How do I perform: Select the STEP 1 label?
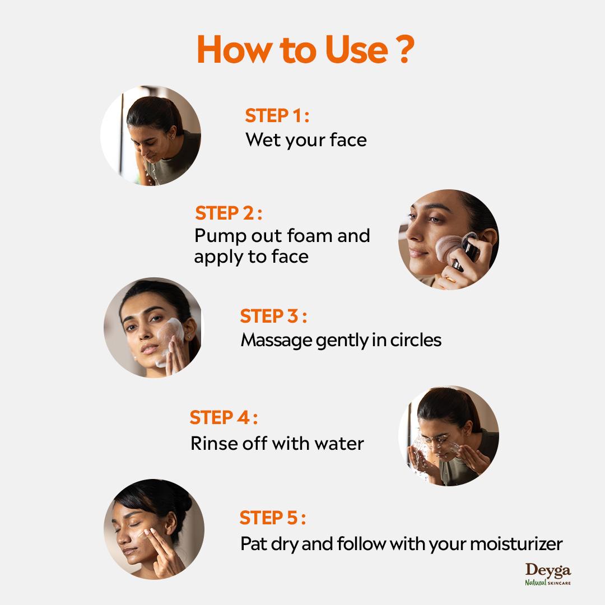(277, 115)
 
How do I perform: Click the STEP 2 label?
(229, 213)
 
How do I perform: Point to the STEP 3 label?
(273, 316)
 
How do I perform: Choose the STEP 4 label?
(224, 417)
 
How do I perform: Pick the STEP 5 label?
(272, 518)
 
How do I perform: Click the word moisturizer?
(516, 543)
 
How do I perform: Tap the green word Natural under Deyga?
(536, 583)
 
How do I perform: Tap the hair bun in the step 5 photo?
(183, 501)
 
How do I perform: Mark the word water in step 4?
(339, 444)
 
